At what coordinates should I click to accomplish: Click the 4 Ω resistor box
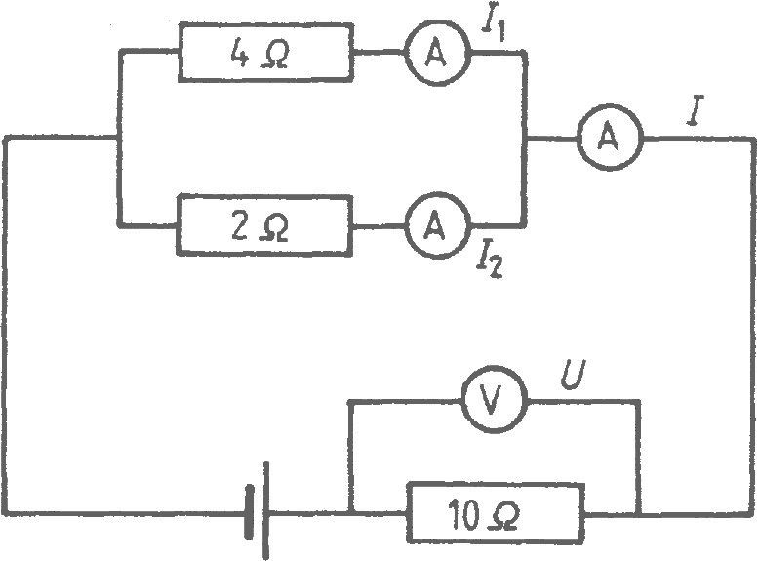265,53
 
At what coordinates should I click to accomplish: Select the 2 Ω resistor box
264,224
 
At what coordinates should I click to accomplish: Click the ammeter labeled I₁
437,54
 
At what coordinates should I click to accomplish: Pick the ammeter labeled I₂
436,226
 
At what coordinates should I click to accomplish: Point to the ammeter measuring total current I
611,138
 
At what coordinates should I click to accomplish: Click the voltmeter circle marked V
493,400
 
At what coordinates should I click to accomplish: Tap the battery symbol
258,511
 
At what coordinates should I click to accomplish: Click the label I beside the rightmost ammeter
696,111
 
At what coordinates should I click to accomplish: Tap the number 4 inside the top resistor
239,55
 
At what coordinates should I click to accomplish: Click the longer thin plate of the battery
265,511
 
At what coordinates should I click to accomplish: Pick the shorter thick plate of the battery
249,511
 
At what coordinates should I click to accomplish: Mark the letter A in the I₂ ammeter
435,225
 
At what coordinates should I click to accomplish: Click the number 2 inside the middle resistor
240,227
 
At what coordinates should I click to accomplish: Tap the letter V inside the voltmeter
492,401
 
